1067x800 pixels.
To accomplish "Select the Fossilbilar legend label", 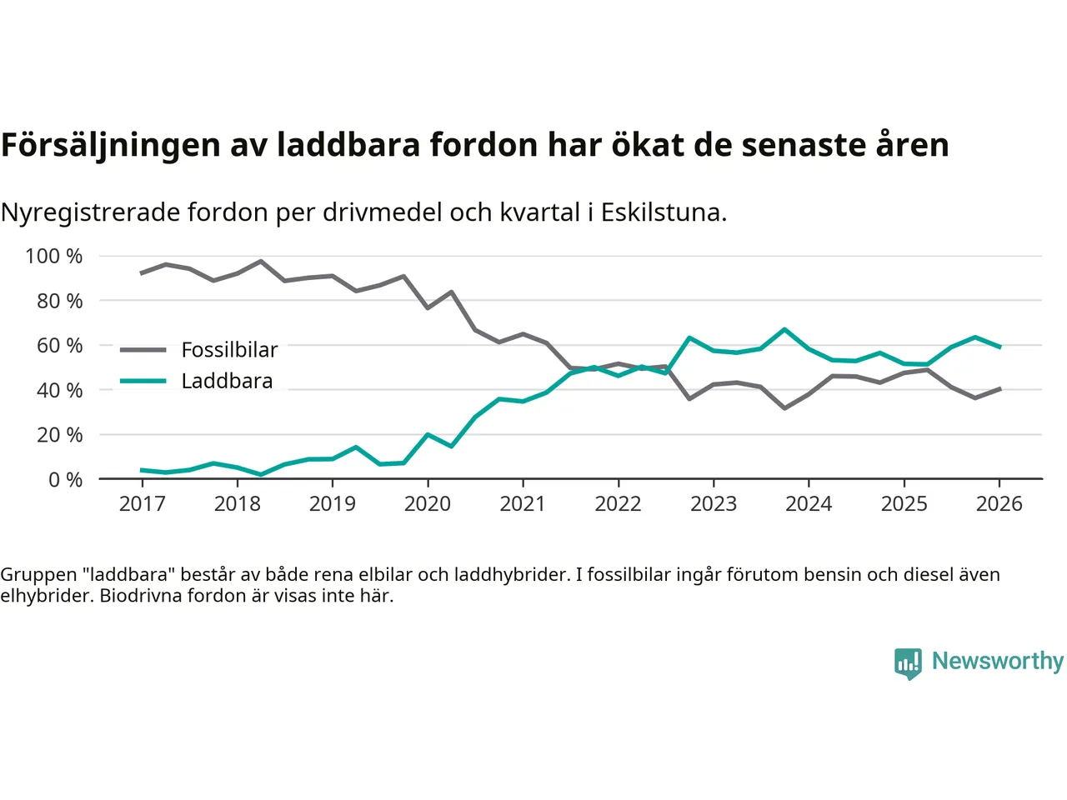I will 229,350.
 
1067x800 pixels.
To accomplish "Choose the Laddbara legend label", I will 227,382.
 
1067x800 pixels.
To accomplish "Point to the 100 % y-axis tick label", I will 54,256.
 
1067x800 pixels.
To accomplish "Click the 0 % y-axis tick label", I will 65,479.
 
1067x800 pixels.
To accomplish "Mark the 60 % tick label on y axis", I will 59,345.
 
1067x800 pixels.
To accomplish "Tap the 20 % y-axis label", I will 59,435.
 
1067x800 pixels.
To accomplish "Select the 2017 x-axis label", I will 142,504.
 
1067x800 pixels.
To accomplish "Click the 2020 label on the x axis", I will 428,504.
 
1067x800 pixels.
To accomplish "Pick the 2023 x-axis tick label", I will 714,504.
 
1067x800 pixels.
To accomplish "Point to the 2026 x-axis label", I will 999,504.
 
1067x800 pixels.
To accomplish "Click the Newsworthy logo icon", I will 908,662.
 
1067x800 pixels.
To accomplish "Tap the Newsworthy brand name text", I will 997,661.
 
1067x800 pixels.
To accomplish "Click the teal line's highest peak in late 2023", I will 784,329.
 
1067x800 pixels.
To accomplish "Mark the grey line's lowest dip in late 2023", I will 784,408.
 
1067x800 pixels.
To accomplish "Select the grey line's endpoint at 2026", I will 999,388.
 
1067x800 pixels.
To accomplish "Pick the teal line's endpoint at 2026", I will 999,347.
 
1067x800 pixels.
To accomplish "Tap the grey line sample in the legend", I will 143,350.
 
